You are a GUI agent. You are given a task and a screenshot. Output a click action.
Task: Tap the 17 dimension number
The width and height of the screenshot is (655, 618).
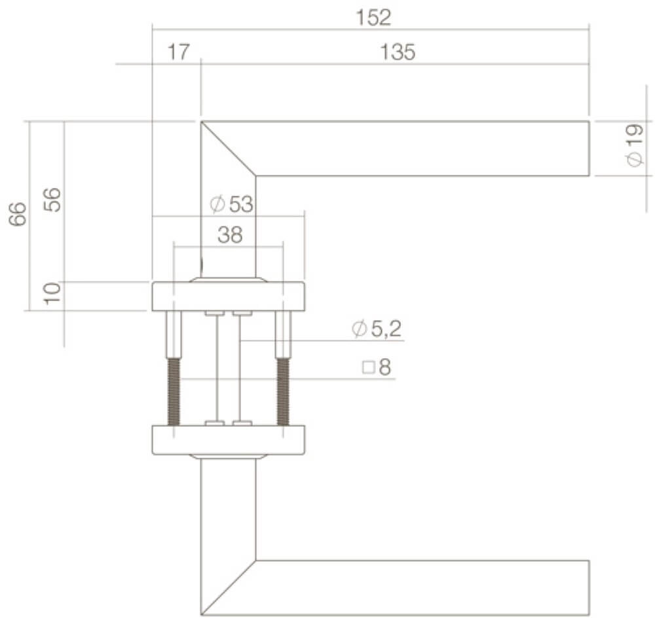177,52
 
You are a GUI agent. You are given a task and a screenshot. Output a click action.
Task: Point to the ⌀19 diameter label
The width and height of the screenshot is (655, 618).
634,147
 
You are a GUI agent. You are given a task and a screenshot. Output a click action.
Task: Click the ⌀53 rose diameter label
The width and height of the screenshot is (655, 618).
231,204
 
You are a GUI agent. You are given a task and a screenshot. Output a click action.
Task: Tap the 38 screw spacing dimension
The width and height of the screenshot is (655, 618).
230,235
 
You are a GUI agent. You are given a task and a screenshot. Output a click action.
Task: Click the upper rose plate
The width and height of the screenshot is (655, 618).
228,297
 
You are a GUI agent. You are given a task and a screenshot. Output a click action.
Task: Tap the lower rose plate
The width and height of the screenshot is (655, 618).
228,440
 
